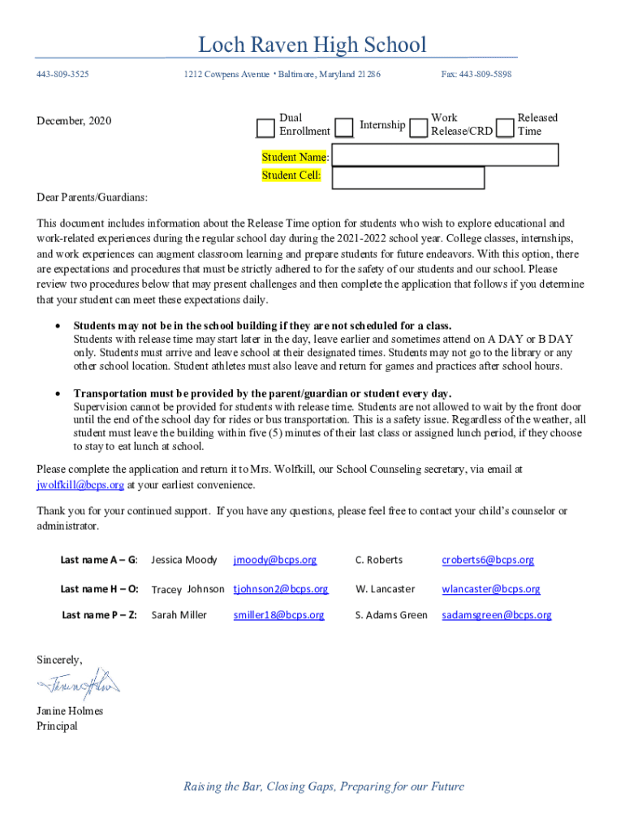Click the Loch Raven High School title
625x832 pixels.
click(312, 45)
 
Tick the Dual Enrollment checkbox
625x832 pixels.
click(265, 128)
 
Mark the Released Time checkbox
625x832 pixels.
click(505, 128)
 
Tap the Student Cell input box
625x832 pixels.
click(407, 177)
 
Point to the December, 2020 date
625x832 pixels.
click(74, 121)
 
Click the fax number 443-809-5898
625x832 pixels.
click(476, 75)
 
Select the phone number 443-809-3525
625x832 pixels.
click(62, 75)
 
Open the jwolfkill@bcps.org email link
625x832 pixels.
click(80, 485)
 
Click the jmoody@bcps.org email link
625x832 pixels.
click(275, 560)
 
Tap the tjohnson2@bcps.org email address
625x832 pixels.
click(281, 589)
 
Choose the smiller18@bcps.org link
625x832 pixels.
click(278, 615)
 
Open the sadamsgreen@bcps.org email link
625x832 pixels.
click(497, 615)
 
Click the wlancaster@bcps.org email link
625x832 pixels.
click(491, 589)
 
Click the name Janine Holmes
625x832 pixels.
click(70, 711)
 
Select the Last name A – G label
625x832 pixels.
click(99, 560)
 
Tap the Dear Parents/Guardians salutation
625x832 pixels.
click(92, 197)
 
